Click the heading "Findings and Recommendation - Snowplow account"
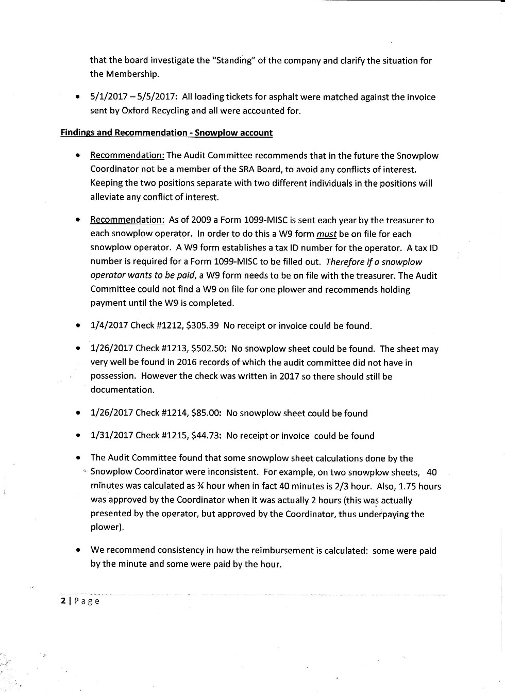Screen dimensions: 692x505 pyautogui.click(x=166, y=133)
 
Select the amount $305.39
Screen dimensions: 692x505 pyautogui.click(x=202, y=326)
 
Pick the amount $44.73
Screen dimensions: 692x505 pyautogui.click(x=206, y=436)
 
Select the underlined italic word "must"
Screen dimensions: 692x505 pyautogui.click(x=326, y=234)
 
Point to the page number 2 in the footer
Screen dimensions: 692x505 pyautogui.click(x=63, y=601)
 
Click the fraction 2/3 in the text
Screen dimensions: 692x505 pyautogui.click(x=343, y=486)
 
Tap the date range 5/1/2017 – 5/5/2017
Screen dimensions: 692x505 pyautogui.click(x=133, y=97)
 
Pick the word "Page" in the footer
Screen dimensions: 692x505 pyautogui.click(x=87, y=601)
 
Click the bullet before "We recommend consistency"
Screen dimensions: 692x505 pyautogui.click(x=77, y=550)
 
